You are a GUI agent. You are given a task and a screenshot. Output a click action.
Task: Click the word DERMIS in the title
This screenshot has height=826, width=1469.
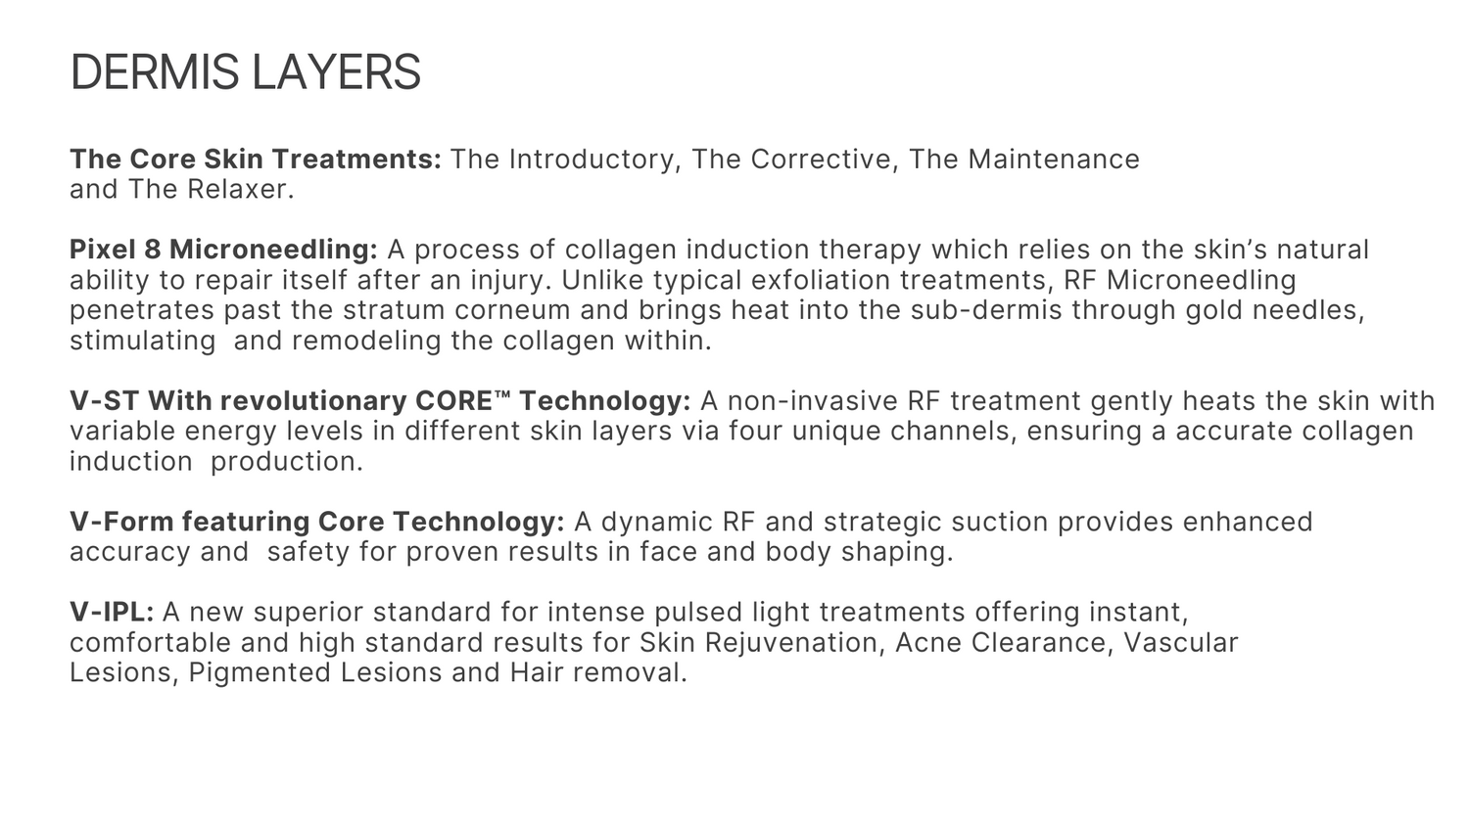coord(155,72)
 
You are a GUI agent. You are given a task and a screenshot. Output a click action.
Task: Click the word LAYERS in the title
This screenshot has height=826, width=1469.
coord(337,72)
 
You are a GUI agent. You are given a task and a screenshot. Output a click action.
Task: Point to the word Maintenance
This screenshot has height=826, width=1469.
coord(1054,160)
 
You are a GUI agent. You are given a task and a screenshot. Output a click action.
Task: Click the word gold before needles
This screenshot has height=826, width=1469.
coord(1214,311)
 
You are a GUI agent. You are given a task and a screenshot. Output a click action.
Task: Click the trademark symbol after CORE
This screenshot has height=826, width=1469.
coord(502,393)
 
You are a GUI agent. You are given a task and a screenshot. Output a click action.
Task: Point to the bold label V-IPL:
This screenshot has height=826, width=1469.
coord(113,613)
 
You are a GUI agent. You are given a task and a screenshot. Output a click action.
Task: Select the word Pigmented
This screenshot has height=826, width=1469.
coord(260,673)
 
